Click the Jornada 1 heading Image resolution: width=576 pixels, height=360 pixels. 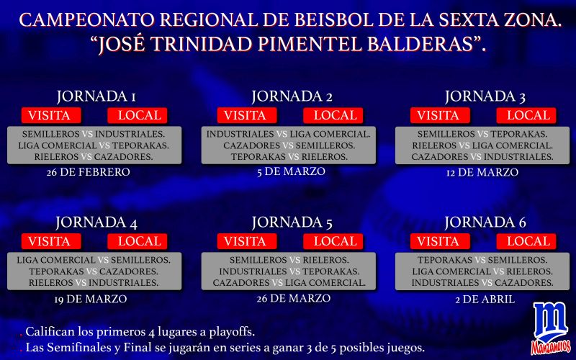click(96, 96)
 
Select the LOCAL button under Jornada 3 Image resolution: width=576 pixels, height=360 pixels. click(526, 115)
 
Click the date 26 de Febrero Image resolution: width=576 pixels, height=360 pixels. click(88, 172)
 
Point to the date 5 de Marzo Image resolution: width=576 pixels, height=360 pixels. click(291, 171)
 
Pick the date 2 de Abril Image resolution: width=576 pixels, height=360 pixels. click(485, 300)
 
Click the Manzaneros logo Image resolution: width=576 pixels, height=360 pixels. click(550, 328)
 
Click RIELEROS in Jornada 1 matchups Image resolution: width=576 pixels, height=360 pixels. click(57, 157)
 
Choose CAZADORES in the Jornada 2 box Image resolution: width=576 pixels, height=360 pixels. click(251, 145)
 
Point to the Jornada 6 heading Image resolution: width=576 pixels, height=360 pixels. click(485, 222)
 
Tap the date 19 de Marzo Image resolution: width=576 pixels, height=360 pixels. click(91, 299)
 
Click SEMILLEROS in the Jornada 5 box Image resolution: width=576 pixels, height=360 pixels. click(258, 260)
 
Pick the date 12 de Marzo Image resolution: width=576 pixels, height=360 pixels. click(482, 172)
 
